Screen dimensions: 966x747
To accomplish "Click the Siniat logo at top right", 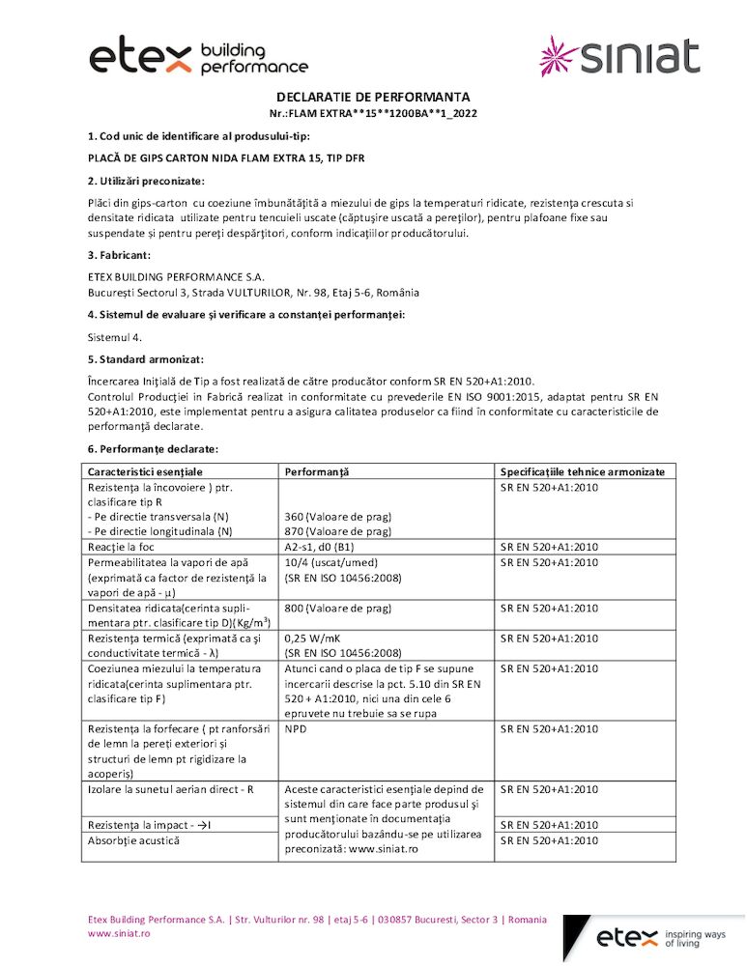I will coord(618,55).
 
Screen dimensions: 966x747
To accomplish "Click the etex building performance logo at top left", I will coord(198,58).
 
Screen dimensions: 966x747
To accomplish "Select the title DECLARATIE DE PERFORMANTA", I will coord(373,97).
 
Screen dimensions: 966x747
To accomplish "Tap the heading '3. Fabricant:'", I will coord(119,255).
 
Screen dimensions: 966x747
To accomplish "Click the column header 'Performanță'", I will coord(316,471).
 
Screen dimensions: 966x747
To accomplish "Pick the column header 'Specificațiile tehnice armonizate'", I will coord(583,471).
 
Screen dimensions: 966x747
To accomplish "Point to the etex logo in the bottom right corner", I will coord(661,937).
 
